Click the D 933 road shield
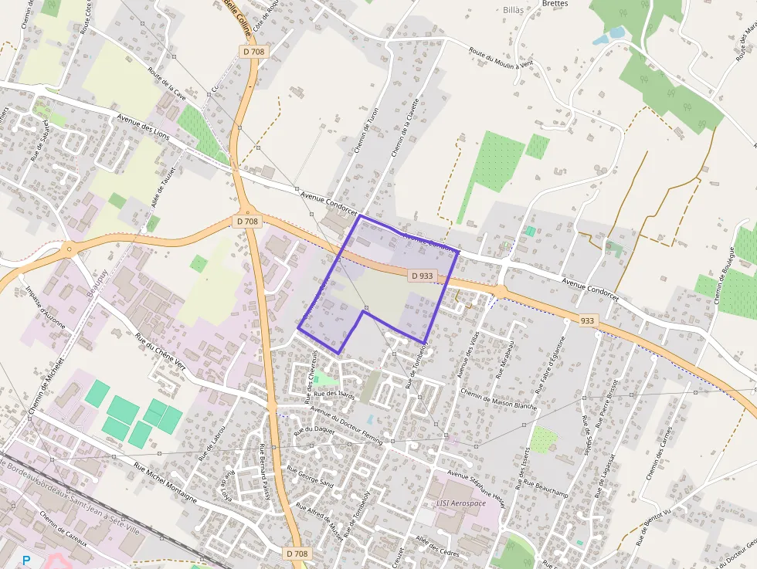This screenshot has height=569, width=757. point(422,275)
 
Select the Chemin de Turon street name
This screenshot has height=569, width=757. point(367,130)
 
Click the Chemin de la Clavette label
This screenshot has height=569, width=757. point(406,127)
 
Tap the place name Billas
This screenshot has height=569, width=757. point(513,10)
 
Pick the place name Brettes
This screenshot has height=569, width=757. point(555,4)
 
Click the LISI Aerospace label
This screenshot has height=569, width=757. point(463,503)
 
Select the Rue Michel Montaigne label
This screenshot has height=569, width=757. point(166,483)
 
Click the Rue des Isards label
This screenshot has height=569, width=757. point(335,395)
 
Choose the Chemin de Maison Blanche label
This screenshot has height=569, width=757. point(498,399)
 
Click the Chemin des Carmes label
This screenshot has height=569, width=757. point(660,452)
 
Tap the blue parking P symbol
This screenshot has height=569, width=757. point(27,560)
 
